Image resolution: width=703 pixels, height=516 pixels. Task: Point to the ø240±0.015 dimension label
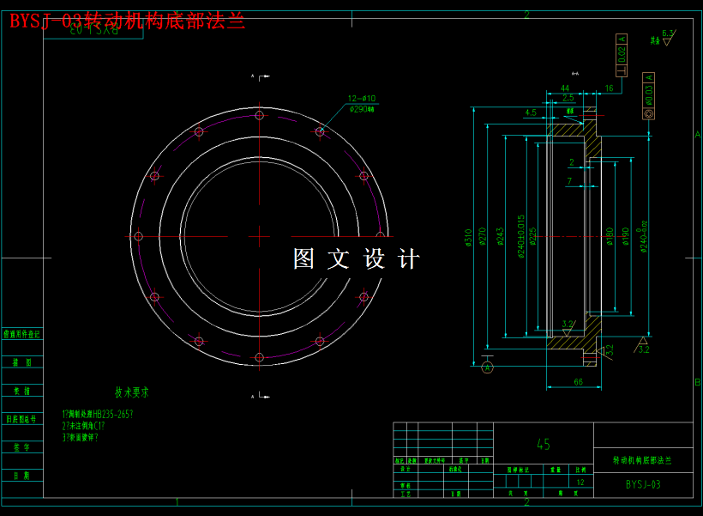(x=520, y=236)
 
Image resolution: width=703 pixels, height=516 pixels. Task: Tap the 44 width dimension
(x=565, y=88)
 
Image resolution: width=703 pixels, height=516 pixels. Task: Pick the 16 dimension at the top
(x=609, y=88)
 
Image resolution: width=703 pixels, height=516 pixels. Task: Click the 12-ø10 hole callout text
(x=362, y=98)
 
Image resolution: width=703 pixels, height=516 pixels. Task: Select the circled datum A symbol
(x=488, y=367)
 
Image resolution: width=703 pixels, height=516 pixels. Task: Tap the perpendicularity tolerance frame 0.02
(x=622, y=51)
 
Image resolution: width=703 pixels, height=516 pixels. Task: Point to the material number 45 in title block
(x=544, y=445)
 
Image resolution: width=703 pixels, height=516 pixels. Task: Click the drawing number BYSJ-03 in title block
(x=643, y=484)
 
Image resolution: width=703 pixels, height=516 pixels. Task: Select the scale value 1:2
(x=581, y=483)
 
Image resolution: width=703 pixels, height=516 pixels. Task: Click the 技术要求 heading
(x=132, y=392)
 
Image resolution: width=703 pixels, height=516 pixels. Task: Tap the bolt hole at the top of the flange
(x=259, y=115)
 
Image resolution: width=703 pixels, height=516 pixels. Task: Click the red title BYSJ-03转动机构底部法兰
(x=127, y=21)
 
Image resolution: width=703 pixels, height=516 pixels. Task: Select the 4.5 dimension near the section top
(x=530, y=112)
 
